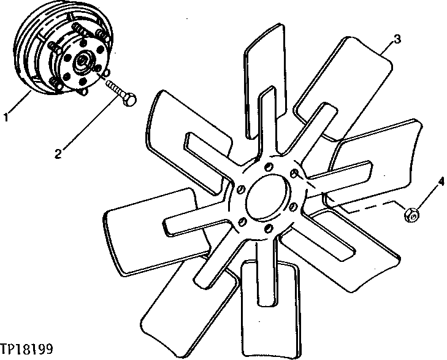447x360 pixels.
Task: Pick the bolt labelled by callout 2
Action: tap(120, 90)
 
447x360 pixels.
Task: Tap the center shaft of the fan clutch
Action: tap(82, 61)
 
